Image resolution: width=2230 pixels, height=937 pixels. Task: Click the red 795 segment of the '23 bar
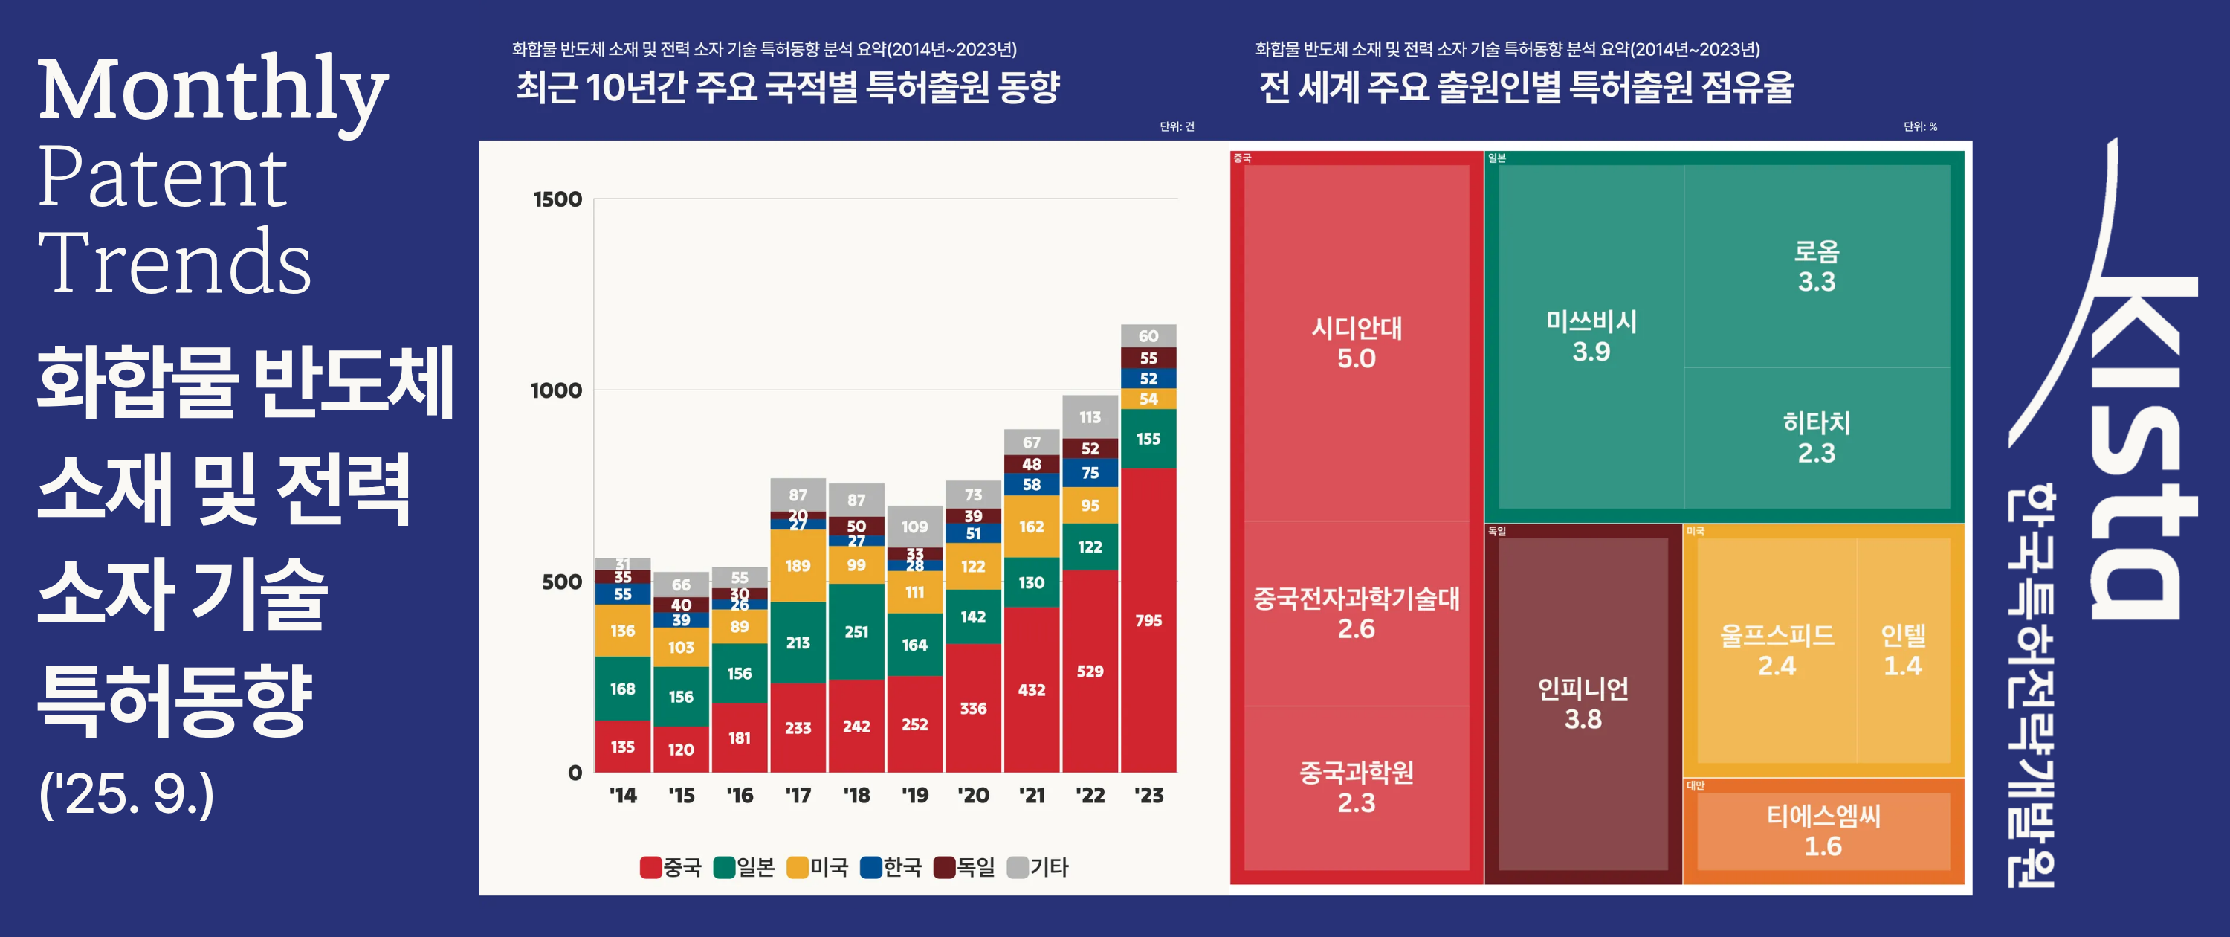pos(1148,620)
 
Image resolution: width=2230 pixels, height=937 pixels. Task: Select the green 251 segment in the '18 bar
pos(856,631)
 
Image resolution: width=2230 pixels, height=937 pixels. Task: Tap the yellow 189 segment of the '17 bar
pos(798,565)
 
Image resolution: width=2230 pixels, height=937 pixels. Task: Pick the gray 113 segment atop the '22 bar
pos(1090,416)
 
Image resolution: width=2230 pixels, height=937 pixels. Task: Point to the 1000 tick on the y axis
pos(556,390)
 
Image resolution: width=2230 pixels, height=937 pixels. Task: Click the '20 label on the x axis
pos(973,795)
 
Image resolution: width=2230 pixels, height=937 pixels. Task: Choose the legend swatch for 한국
pos(871,867)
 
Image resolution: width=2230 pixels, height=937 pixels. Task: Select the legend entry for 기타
pos(1039,867)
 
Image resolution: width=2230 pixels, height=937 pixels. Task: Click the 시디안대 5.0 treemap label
pos(1356,343)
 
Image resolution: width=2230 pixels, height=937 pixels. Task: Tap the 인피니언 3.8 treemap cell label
pos(1583,703)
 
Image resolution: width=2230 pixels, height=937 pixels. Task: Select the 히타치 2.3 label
pos(1816,437)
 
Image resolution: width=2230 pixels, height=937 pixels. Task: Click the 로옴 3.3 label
pos(1816,266)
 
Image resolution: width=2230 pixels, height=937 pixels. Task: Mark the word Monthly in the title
pos(212,91)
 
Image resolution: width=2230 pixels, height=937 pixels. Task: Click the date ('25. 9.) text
pos(126,793)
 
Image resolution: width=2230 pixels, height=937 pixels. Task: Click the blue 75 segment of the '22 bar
pos(1090,473)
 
